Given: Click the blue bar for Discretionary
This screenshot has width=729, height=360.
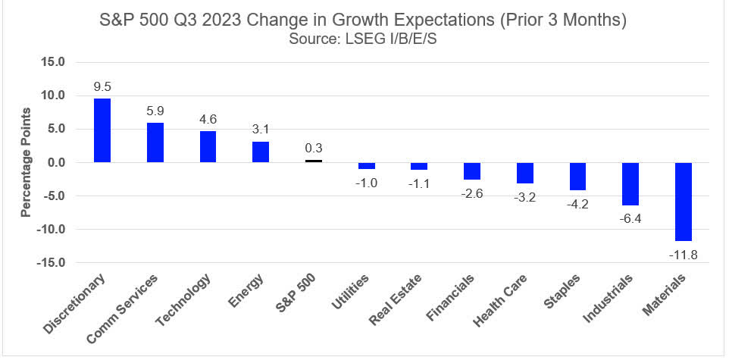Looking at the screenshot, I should point(102,130).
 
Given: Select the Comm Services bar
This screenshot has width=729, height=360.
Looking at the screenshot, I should point(155,142).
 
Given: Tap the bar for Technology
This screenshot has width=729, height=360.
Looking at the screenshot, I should point(208,147).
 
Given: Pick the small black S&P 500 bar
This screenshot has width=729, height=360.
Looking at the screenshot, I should point(314,161).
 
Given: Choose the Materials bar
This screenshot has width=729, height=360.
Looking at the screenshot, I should point(684,202).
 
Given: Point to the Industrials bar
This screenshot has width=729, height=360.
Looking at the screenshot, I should point(630,184).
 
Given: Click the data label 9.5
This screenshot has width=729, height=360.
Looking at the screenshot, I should point(102,88).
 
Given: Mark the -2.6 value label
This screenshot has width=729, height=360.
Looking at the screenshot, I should point(472,193).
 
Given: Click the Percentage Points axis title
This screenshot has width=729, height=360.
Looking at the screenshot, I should point(26,162).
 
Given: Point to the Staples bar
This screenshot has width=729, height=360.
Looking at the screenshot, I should point(577,177).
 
